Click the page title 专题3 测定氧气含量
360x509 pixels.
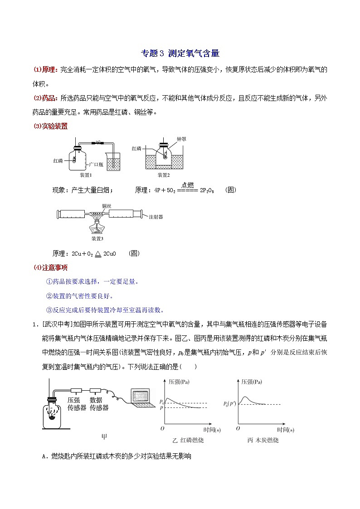tap(180, 53)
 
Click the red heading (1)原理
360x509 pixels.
tap(45, 69)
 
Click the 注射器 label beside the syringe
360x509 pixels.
tap(156, 217)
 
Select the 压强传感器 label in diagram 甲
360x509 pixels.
tap(76, 404)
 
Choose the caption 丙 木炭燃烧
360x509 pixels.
tap(263, 440)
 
